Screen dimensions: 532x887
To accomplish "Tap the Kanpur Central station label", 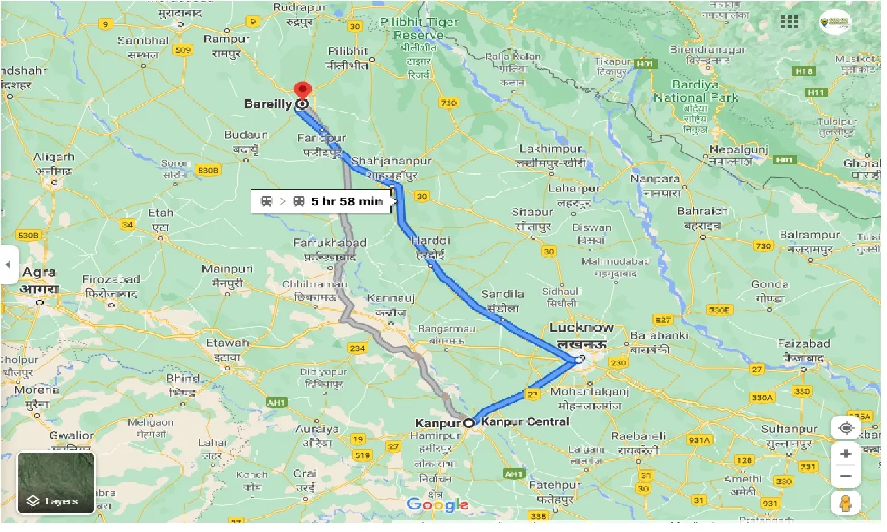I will point(526,421).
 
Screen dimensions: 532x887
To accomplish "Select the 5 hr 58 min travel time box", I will point(323,202).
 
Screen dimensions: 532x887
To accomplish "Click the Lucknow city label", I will point(581,327).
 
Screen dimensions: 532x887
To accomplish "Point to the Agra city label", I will point(39,273).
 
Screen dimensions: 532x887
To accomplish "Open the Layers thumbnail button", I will point(56,482).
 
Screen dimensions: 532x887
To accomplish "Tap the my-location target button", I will point(846,428).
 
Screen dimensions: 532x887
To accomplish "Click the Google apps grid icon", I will point(790,22).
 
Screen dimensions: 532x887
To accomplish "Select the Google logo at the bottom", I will point(437,505).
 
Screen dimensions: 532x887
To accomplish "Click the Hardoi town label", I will point(430,241).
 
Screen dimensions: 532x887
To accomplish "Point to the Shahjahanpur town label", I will point(391,161).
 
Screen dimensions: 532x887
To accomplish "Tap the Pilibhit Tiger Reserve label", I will point(419,28).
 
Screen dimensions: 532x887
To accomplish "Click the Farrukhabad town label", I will point(330,243).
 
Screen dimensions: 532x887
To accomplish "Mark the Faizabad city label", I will point(803,344).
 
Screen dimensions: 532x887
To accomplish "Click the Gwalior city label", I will point(71,435).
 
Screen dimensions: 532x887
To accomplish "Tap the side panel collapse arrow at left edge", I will point(8,265).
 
